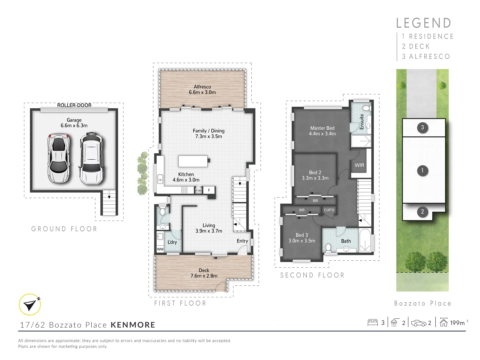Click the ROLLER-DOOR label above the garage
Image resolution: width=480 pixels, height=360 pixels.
click(74, 105)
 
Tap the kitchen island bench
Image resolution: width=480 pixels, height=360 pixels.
click(193, 161)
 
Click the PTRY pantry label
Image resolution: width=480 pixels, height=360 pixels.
click(198, 191)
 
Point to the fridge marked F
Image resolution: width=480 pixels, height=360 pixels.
click(209, 190)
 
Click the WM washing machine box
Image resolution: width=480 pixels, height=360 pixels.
click(160, 249)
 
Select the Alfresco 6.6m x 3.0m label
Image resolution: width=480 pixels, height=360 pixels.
click(202, 90)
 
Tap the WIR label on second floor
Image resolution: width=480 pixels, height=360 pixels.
click(359, 165)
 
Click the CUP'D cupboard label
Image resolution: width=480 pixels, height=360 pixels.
click(329, 210)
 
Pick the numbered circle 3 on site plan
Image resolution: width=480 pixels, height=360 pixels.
click(422, 127)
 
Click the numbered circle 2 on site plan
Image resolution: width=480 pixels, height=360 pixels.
click(422, 212)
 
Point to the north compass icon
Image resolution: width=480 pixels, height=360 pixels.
click(30, 304)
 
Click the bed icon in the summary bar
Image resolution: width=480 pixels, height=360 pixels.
click(372, 322)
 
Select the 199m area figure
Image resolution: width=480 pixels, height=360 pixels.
click(457, 323)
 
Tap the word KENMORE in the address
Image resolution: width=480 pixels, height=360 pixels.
click(133, 325)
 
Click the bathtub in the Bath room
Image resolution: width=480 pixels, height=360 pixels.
click(365, 240)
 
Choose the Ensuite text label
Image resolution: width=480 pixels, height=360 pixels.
click(362, 122)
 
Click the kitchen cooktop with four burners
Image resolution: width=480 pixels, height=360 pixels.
click(184, 190)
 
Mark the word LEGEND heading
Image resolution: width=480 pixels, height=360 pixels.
click(424, 23)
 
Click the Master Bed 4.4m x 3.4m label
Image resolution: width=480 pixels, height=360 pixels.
click(322, 131)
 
